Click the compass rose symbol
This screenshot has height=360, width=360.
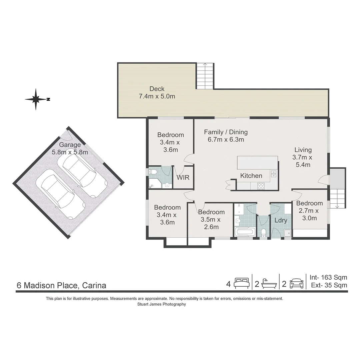pos(36,99)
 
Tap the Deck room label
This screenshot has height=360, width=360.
pos(157,89)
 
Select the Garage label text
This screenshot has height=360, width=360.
pos(70,145)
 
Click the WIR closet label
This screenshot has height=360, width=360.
pos(183,177)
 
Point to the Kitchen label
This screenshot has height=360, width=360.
pos(251,176)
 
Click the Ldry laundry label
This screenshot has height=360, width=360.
pos(281,220)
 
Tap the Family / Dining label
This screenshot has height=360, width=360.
pos(226,132)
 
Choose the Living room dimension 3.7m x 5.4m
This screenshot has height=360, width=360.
pos(303,161)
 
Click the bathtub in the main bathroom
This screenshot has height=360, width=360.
pos(245,232)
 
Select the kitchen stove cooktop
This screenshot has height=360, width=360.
pos(261,186)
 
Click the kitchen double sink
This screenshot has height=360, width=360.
pos(274,174)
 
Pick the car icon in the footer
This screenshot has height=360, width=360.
pos(297,284)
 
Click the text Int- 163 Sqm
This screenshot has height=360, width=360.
pos(328,277)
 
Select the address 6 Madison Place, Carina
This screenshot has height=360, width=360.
pos(62,285)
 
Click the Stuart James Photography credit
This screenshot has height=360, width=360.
pos(162,304)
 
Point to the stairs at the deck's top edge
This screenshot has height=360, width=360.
pos(205,76)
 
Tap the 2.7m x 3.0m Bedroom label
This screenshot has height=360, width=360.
pos(309,211)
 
